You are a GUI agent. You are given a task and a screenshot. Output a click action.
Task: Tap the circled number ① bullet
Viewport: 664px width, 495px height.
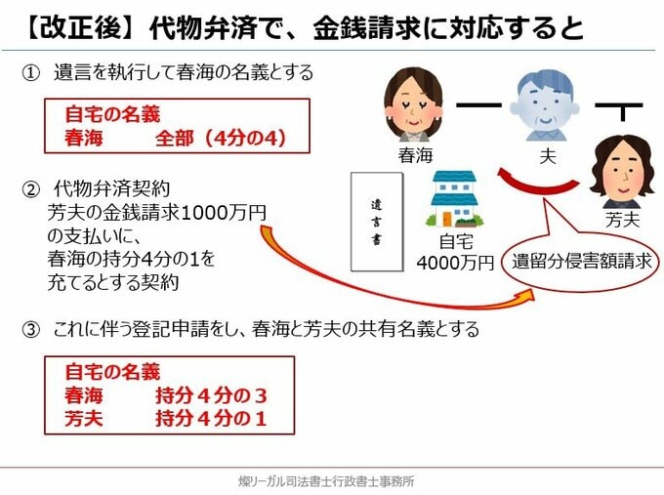(x=31, y=71)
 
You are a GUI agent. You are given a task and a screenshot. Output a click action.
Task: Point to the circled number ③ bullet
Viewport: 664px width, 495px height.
(x=31, y=330)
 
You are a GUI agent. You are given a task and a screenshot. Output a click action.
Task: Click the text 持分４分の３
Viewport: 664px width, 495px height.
(x=210, y=396)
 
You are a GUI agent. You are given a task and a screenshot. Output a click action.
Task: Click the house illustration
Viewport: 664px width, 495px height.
(x=454, y=200)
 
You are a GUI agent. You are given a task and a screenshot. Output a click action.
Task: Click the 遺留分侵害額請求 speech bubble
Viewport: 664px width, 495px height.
(x=580, y=261)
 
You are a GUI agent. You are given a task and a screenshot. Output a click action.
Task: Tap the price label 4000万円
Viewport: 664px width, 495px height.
(x=455, y=263)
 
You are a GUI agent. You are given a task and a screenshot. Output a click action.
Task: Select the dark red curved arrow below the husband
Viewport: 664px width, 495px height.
(x=536, y=186)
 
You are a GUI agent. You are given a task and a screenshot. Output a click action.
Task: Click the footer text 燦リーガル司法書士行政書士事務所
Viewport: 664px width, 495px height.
(x=332, y=480)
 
